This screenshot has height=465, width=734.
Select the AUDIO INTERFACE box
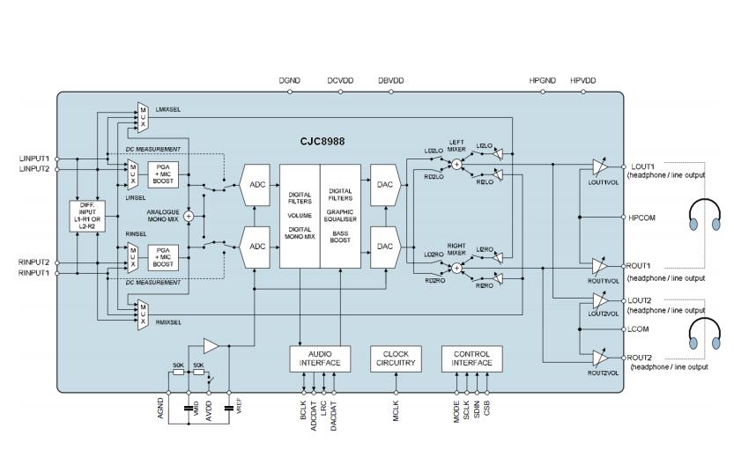320,358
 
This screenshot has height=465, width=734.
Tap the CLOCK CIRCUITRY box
397,358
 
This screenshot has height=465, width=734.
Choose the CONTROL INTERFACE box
471,358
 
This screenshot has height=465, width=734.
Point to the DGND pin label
289,80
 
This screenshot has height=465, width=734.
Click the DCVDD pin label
340,80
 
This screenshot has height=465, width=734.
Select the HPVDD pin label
582,80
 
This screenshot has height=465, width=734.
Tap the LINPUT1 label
34,159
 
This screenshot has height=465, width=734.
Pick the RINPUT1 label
34,273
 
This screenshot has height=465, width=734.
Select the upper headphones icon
705,217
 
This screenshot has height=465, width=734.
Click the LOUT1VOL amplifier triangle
600,167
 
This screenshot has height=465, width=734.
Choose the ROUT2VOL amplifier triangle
600,358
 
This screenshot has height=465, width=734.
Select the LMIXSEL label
167,109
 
